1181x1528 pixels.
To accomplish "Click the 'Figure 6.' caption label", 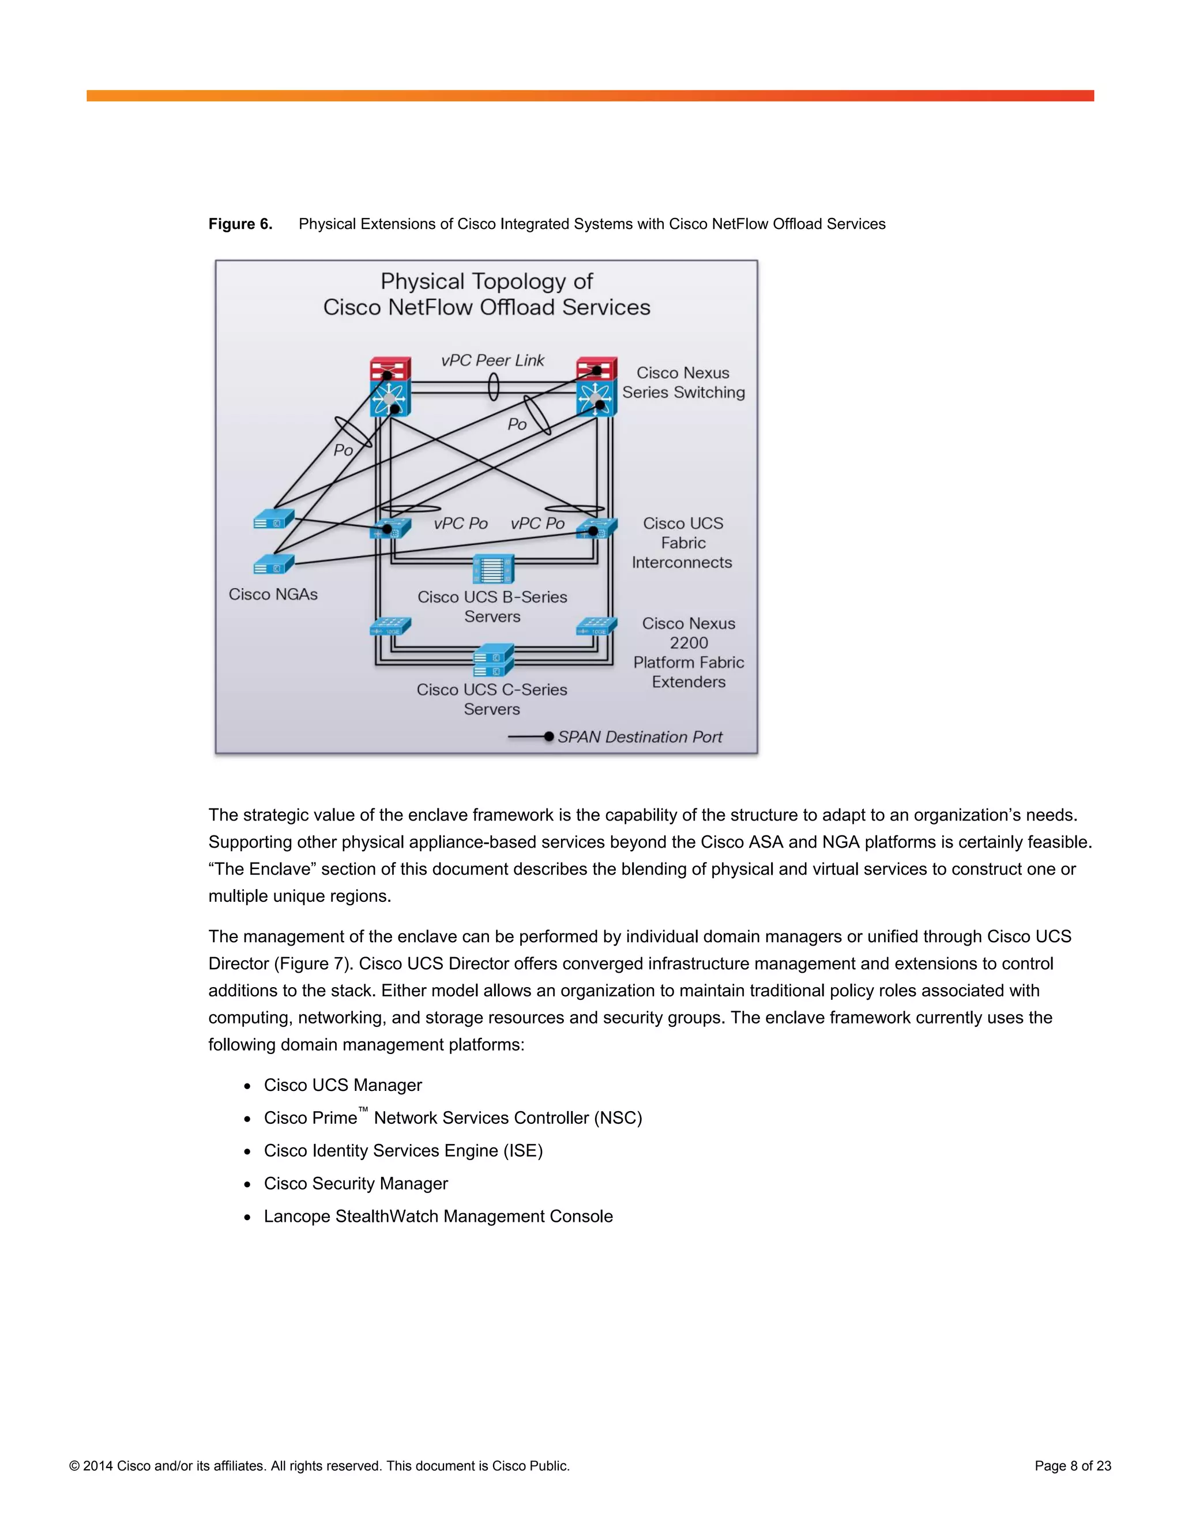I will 240,224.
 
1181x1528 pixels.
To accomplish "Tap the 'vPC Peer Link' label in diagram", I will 492,360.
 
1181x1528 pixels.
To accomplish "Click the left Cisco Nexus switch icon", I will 390,387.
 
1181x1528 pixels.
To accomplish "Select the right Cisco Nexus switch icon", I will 596,387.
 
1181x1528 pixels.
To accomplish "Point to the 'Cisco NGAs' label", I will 273,594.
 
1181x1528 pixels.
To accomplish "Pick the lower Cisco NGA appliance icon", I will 273,564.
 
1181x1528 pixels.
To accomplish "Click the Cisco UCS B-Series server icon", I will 493,569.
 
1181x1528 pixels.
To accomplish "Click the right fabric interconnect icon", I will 596,529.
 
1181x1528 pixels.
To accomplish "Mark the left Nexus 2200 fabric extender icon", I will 390,627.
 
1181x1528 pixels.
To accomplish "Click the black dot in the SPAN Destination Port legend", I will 549,737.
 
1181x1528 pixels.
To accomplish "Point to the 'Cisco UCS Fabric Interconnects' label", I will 682,543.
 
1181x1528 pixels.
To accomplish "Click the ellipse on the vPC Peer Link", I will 493,387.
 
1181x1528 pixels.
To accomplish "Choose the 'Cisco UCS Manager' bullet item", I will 343,1085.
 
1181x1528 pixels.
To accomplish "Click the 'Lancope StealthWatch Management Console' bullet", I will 438,1216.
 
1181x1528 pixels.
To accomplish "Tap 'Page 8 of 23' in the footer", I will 1073,1466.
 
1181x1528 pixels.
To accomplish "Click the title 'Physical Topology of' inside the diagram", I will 486,281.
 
